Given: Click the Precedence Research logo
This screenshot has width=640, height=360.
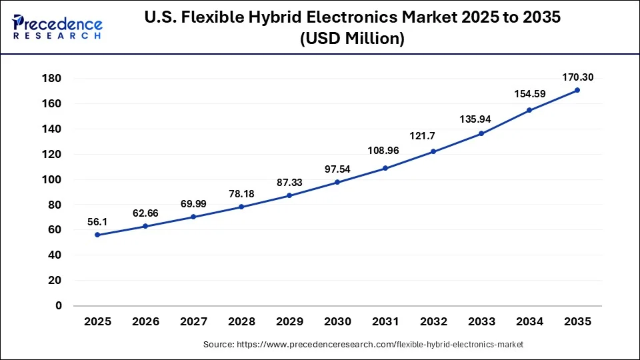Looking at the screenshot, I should pos(57,27).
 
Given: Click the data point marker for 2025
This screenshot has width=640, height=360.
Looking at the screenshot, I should pos(97,235).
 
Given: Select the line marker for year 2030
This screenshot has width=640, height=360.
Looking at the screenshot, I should pos(337,182).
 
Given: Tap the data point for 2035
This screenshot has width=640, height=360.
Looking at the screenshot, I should pos(577,90).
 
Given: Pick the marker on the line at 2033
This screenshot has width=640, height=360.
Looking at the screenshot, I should pos(481,133).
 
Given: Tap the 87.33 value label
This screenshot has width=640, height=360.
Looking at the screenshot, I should pos(289,181).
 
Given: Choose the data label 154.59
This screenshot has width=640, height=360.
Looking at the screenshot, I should pos(529,94).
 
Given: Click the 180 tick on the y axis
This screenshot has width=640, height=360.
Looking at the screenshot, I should pos(52,79).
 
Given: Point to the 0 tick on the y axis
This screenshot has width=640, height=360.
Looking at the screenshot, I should pos(59,305).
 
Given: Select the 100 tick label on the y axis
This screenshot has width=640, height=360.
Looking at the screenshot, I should pos(52,179).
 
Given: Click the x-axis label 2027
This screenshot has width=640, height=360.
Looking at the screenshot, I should pos(193,322).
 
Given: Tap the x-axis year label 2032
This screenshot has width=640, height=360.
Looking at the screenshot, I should pos(433,322).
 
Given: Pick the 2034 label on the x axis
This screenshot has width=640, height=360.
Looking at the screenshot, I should pos(529,322).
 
